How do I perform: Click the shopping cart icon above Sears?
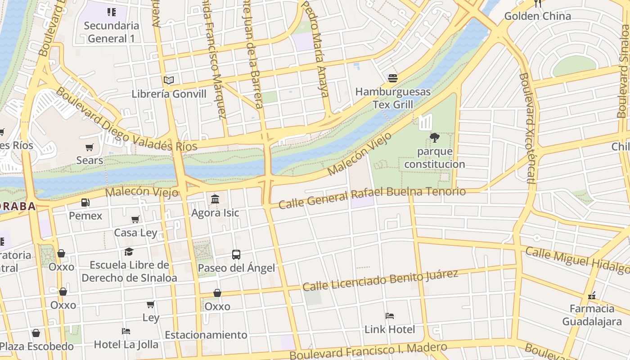pos(90,147)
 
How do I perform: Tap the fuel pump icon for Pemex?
pos(85,203)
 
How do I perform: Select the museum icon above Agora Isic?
pos(215,199)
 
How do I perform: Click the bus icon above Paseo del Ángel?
pos(236,255)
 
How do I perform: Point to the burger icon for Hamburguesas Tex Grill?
pos(392,78)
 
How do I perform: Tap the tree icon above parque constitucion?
pos(434,137)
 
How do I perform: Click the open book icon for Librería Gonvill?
pos(169,81)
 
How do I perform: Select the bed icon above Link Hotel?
pos(390,316)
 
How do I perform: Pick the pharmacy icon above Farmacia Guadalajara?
pos(592,296)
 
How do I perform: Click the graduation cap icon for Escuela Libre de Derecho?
pos(129,252)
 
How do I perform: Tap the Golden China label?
pos(537,16)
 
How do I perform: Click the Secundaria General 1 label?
pos(111,32)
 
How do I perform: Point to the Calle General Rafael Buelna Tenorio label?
pos(372,197)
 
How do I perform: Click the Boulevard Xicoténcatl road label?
pos(526,128)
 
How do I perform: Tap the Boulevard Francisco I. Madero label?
pos(368,351)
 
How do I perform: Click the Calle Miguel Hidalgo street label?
pos(577,261)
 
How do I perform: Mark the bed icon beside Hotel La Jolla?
pos(126,331)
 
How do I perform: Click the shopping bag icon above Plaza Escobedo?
pos(36,333)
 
